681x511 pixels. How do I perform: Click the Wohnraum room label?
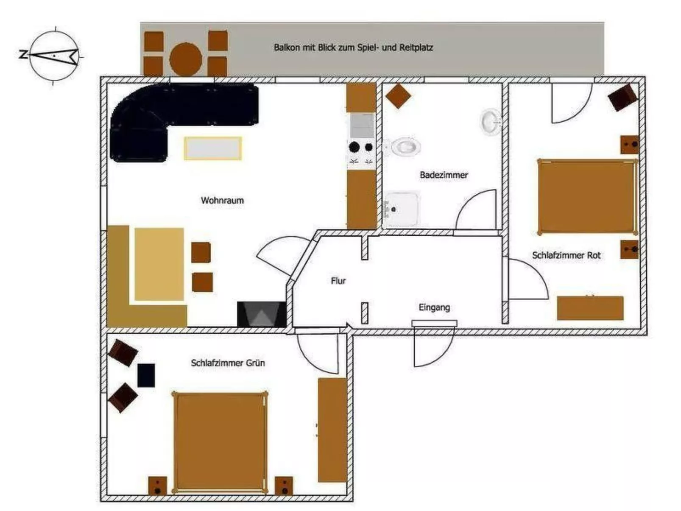coord(222,200)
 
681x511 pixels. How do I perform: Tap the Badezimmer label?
coord(444,175)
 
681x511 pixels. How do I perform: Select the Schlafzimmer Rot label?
coord(566,255)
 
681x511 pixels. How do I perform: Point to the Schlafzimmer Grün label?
coord(228,363)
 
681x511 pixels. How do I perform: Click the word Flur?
coord(338,281)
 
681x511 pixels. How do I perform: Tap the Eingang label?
coord(434,307)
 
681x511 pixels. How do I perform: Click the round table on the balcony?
coord(185,59)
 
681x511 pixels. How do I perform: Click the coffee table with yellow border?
coord(213,148)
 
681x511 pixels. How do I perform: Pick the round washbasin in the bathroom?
coord(491,122)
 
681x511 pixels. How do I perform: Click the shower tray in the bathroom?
coord(402,209)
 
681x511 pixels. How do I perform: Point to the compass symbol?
coord(54,56)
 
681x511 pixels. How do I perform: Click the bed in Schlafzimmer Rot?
coord(587,196)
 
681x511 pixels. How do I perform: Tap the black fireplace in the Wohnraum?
coord(261,314)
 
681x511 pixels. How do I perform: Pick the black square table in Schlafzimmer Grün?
coord(146,375)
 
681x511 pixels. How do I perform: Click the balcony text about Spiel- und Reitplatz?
coord(353,47)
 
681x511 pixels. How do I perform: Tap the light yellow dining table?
coord(159,264)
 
